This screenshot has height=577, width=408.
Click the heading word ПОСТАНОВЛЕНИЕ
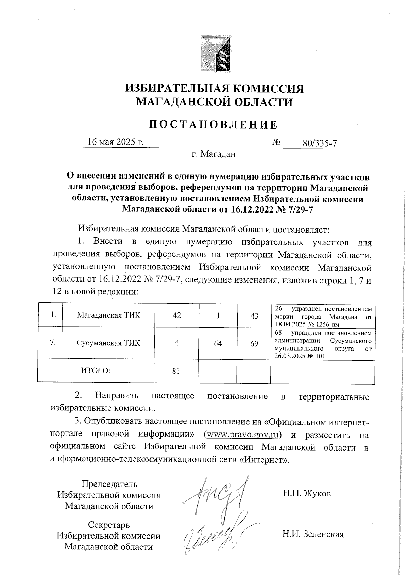(x=214, y=125)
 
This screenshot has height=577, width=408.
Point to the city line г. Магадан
(x=214, y=155)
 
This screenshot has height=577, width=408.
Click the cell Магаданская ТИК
(x=108, y=315)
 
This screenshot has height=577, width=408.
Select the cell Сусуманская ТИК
(x=108, y=343)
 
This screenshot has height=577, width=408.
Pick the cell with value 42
(x=177, y=316)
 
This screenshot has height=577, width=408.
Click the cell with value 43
(x=254, y=316)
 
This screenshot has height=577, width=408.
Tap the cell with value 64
(x=218, y=344)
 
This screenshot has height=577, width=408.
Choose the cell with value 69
(x=254, y=344)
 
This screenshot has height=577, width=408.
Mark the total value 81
(x=176, y=371)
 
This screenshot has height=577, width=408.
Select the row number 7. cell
(x=53, y=343)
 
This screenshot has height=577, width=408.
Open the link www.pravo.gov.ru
(x=243, y=435)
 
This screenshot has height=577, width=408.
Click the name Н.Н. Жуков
(x=307, y=493)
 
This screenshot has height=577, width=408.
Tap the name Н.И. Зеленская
(x=313, y=534)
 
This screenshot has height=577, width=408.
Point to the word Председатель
(x=109, y=484)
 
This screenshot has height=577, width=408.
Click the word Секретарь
(x=109, y=525)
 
